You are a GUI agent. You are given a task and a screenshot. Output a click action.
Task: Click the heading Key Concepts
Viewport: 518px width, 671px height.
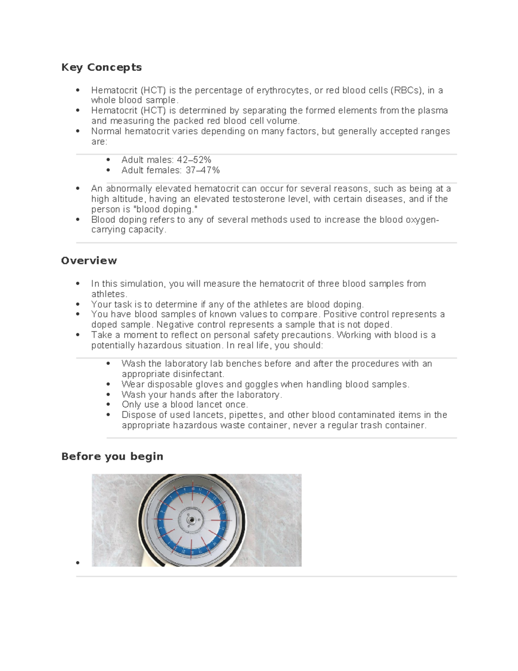[x=101, y=67]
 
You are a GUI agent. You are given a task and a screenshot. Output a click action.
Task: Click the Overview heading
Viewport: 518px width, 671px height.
[x=89, y=261]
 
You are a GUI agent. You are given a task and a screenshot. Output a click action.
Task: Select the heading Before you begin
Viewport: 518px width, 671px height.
[x=112, y=456]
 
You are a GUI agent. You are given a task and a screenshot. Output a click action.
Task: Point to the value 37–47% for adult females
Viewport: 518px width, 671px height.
[x=203, y=170]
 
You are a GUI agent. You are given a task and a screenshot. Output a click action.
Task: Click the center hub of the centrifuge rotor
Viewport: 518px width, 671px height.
[x=190, y=521]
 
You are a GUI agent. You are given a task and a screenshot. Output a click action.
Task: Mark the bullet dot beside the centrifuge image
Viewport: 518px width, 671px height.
[x=78, y=563]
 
